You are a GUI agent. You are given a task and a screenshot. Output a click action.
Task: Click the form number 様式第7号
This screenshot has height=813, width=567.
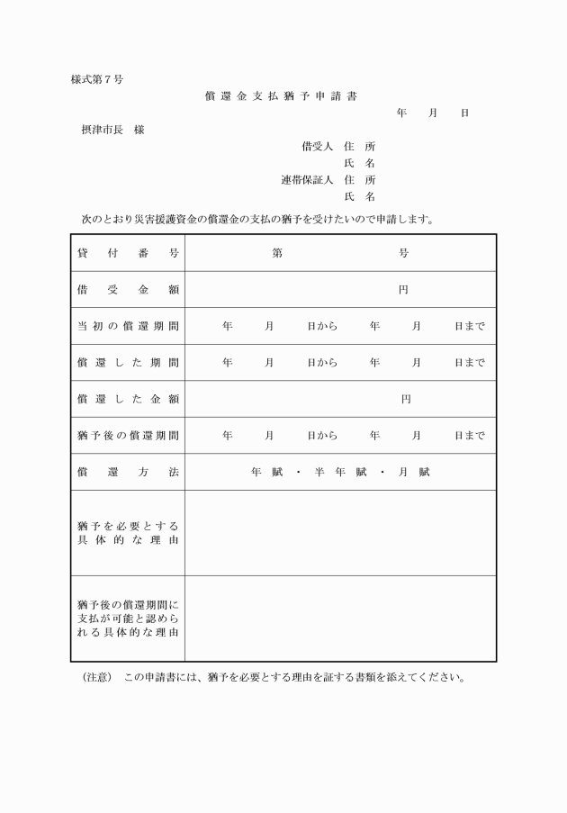click(97, 79)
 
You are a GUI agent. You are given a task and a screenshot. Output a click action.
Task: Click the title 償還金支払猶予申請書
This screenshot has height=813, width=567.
click(282, 96)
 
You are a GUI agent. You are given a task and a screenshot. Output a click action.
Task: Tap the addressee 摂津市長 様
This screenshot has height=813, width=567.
click(113, 130)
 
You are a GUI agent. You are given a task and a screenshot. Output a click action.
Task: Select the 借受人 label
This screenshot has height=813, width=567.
click(317, 146)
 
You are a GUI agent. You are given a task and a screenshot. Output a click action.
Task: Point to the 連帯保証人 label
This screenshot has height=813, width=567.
click(307, 179)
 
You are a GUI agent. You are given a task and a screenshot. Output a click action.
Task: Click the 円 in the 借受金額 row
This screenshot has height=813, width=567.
click(404, 290)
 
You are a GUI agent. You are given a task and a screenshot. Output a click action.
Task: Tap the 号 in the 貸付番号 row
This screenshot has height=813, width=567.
click(404, 254)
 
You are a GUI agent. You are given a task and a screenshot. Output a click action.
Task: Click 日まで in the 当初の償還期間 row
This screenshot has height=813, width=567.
click(470, 326)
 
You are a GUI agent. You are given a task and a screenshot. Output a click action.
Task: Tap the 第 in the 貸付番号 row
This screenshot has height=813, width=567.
click(277, 254)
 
